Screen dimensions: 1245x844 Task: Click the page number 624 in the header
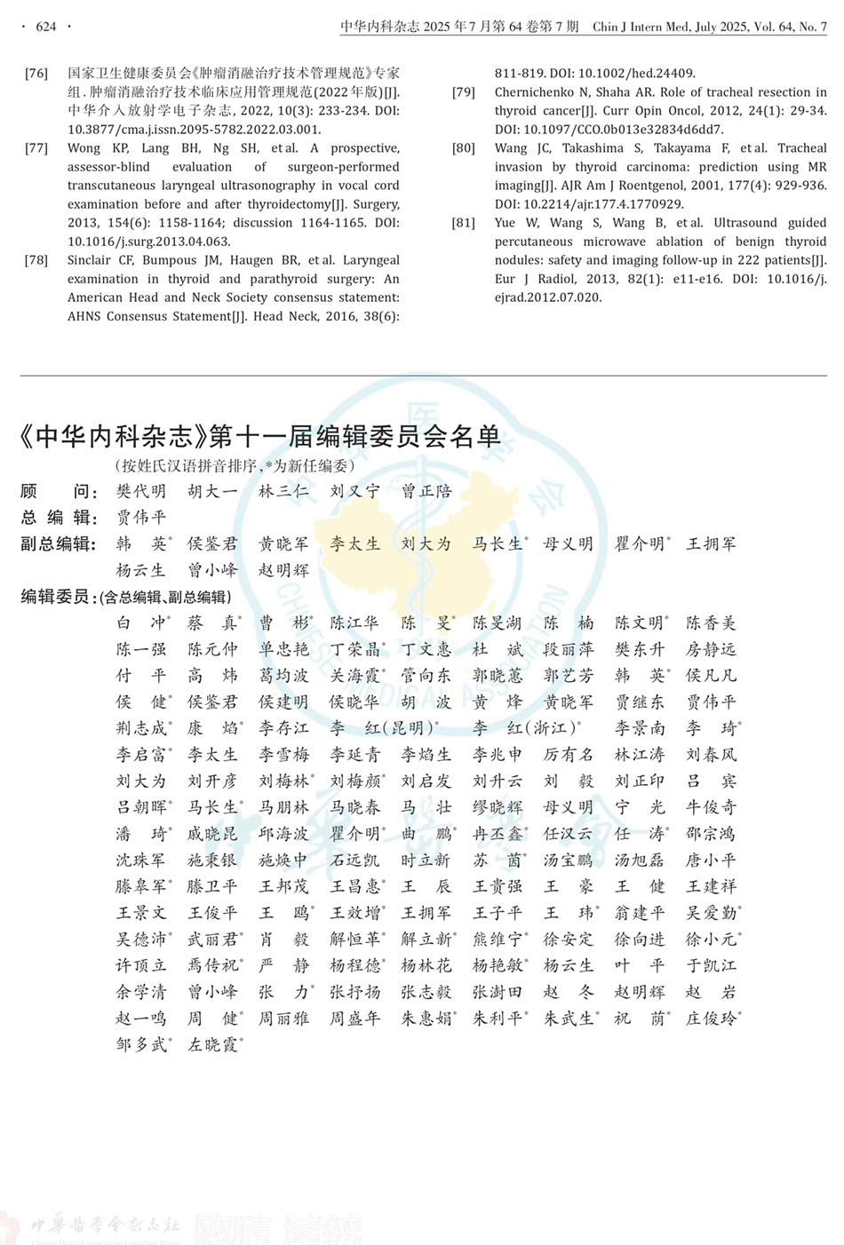coord(45,27)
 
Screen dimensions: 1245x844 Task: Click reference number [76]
coord(36,74)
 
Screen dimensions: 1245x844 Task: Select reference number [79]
coord(464,92)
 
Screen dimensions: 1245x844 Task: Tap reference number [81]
coord(464,223)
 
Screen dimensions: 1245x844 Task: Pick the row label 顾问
coord(55,491)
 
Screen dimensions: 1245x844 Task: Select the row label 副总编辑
coord(57,543)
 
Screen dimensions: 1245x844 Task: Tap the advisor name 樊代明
coord(140,491)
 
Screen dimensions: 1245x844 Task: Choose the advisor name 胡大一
coord(212,491)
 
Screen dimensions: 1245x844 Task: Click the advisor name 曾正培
coord(426,491)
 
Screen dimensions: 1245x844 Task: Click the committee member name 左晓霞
coord(212,1044)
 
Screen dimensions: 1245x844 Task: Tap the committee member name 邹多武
coord(141,1044)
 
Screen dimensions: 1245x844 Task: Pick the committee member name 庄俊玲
coord(711,1019)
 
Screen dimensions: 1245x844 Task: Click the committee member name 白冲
coord(141,623)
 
